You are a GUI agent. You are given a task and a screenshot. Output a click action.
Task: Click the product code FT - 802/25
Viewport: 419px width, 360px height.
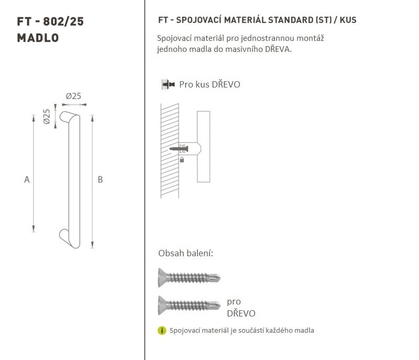coord(50,21)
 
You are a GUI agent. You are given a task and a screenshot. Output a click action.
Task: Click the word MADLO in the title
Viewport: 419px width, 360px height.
coord(38,38)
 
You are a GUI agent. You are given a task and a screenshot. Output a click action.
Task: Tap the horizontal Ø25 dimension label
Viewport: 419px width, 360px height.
coord(73,96)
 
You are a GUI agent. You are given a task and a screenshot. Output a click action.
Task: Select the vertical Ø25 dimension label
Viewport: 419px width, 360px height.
coord(47,116)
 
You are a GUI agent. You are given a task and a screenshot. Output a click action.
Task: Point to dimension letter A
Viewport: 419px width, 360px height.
coord(27,179)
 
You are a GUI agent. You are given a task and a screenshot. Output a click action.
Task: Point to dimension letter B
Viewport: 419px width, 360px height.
coord(100,179)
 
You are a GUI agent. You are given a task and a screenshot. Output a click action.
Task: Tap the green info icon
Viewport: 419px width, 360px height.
coord(162,331)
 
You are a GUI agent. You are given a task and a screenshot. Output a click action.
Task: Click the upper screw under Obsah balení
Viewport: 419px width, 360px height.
coord(189,278)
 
